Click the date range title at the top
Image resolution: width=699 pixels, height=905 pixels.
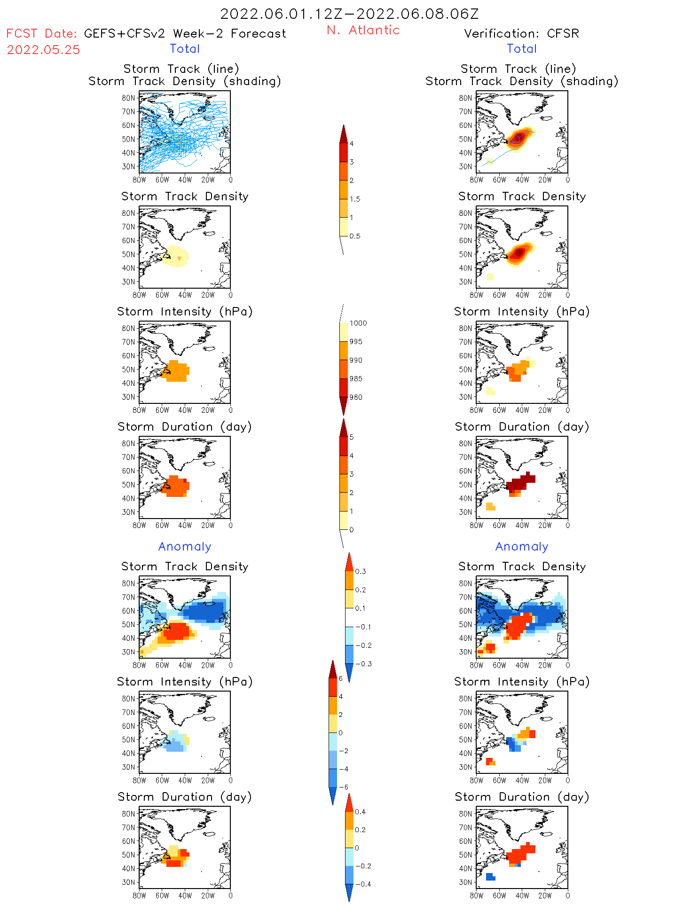349,14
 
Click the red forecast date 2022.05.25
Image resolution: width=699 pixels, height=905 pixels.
43,50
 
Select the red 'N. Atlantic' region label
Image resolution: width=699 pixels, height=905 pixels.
363,30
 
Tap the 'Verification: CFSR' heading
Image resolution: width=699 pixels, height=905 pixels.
521,33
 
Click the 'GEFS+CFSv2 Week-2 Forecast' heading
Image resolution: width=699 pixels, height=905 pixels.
185,33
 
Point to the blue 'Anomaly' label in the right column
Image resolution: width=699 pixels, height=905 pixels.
522,546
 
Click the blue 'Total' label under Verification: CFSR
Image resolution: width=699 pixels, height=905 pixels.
522,48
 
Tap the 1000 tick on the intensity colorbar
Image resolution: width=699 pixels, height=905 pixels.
358,323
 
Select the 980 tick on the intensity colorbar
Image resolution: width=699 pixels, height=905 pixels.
356,397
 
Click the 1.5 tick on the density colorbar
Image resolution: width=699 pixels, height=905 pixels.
355,199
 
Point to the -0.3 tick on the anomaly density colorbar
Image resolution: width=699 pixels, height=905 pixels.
363,664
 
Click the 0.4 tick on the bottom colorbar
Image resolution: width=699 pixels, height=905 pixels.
360,811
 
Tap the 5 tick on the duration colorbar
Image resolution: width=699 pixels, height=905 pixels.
352,437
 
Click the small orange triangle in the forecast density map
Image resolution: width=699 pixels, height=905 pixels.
179,259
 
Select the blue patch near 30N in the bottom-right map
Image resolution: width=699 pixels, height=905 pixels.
490,877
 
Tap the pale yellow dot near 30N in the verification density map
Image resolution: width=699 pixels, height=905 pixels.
490,276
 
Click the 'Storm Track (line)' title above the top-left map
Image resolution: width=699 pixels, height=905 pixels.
181,69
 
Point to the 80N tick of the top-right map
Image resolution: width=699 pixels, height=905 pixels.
465,98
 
